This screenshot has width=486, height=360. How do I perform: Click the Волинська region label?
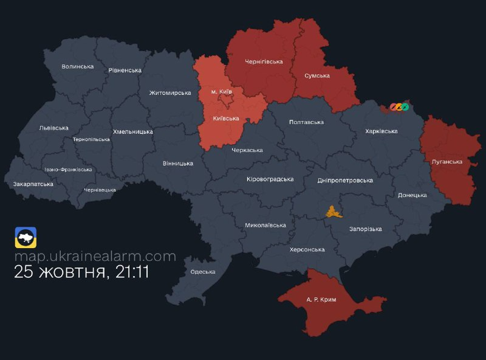pos(78,66)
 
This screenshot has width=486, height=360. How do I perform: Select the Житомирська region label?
pos(170,93)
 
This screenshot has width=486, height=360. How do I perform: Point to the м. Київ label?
pos(222,91)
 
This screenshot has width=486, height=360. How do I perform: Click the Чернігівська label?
pos(264,61)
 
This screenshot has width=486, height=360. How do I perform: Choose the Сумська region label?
pos(317,75)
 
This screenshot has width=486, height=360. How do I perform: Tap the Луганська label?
pos(447,162)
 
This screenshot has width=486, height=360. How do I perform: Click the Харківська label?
pos(382,131)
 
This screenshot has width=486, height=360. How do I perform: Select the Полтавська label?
pos(306,122)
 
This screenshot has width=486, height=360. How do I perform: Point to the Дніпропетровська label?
pos(345,181)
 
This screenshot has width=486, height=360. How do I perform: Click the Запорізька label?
pos(365,229)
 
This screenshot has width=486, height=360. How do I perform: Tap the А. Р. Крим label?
pos(321,300)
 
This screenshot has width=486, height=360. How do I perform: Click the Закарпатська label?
pos(33,184)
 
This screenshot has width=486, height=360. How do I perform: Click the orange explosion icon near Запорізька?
pos(332,212)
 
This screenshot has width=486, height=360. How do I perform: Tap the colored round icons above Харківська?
pos(399,107)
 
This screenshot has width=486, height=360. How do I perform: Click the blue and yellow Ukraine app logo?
pos(26,238)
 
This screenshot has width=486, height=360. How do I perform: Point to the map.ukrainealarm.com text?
pos(95,256)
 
